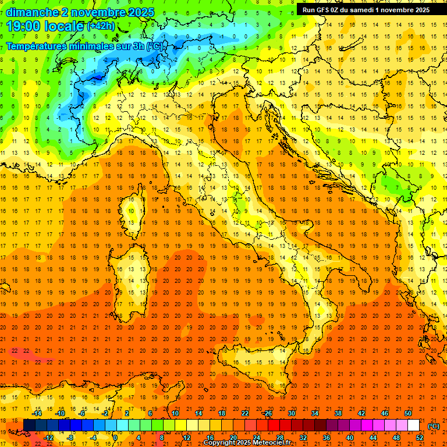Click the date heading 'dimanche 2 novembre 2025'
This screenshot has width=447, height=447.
coord(80,12)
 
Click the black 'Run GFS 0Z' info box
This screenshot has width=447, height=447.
coord(366,9)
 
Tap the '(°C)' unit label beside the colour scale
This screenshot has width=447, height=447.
coord(434,426)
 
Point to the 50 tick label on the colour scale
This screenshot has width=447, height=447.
coord(408,413)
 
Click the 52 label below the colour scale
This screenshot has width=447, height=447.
coord(420,438)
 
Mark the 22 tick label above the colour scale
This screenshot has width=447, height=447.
coord(245,413)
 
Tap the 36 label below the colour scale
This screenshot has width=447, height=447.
coord(327,438)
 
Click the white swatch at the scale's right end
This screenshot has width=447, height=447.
coord(414,425)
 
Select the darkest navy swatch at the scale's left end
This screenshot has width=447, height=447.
coord(30,425)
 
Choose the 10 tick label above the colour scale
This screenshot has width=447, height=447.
coord(175,413)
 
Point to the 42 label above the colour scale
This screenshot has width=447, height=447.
coord(361,413)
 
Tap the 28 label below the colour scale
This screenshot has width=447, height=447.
coord(280,438)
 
